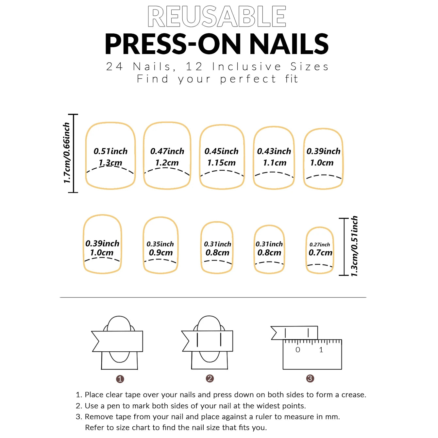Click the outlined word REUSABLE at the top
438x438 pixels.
pos(217,16)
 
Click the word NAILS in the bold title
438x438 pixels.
pos(289,44)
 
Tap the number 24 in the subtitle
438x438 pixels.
pos(114,66)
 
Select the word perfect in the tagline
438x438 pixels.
pos(248,79)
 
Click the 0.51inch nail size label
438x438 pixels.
pos(110,151)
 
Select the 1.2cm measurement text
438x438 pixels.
pos(167,162)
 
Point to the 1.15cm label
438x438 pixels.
pos(221,162)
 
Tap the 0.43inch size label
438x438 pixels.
pos(274,151)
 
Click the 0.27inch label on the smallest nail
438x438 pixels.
pos(320,244)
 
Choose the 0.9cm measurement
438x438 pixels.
pos(160,253)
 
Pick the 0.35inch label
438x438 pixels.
pos(160,244)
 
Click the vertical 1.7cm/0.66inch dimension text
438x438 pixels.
pos(67,153)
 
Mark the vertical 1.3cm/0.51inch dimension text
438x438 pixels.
pos(354,246)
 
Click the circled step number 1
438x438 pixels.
pos(120,379)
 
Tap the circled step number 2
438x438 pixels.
pos(210,379)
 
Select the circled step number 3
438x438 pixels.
pos(310,379)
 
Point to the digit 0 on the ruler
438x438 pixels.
pos(297,350)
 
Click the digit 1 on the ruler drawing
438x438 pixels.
pos(321,350)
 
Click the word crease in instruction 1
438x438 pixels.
pos(353,395)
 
